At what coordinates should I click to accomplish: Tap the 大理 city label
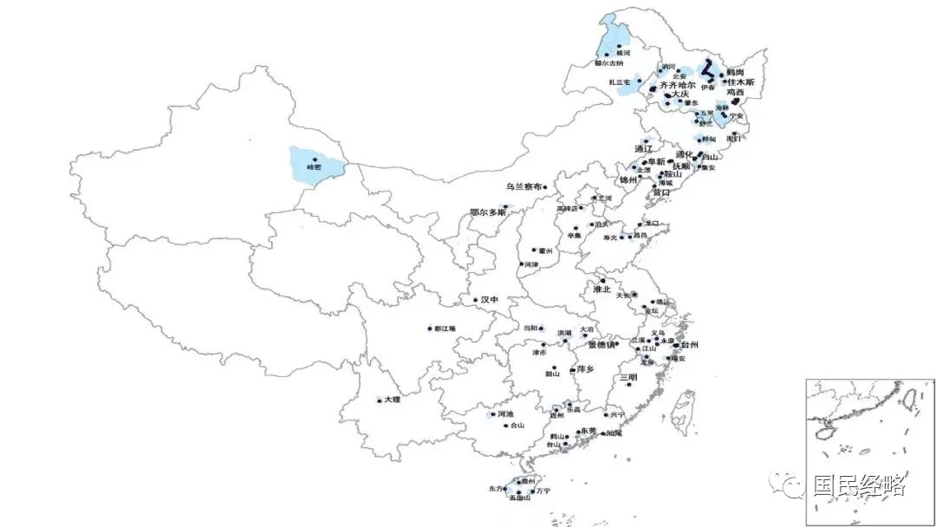(393, 400)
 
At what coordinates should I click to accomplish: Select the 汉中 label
(491, 300)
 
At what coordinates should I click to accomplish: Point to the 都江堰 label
(445, 329)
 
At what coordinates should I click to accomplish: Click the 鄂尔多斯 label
(487, 211)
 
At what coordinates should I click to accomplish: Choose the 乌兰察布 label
(528, 186)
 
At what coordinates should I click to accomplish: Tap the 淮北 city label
(601, 290)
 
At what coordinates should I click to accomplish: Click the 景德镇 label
(602, 344)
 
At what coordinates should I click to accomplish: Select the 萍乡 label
(586, 369)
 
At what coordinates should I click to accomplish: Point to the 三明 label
(627, 378)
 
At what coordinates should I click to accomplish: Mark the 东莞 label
(589, 430)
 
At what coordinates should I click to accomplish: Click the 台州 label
(689, 345)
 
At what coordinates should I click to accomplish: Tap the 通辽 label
(643, 148)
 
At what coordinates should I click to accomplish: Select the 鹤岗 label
(735, 72)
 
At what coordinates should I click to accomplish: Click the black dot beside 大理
(380, 400)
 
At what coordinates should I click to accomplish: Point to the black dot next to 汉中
(476, 301)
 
